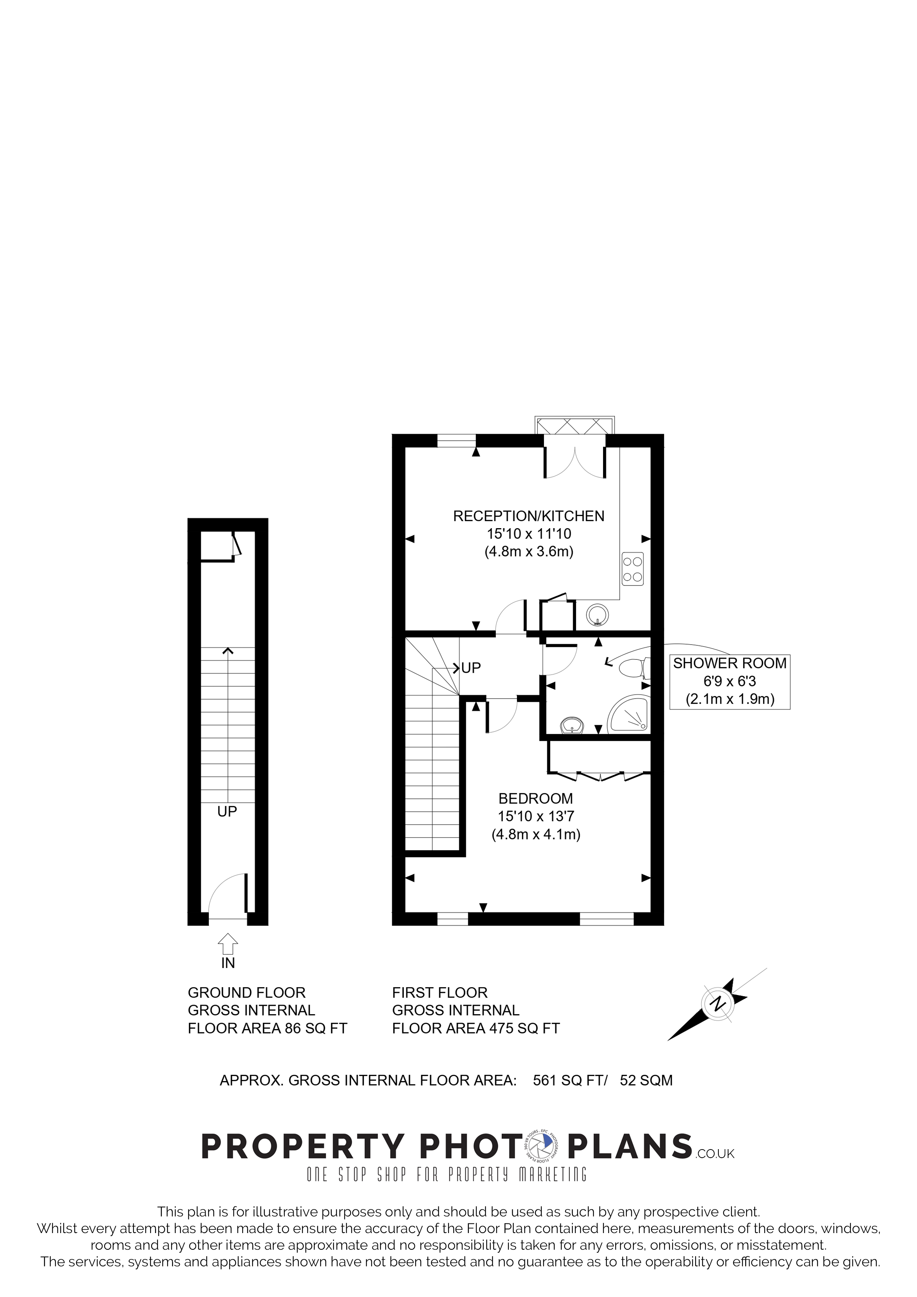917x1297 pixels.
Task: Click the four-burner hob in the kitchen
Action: click(x=633, y=569)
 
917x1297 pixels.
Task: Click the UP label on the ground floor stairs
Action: click(x=227, y=812)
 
